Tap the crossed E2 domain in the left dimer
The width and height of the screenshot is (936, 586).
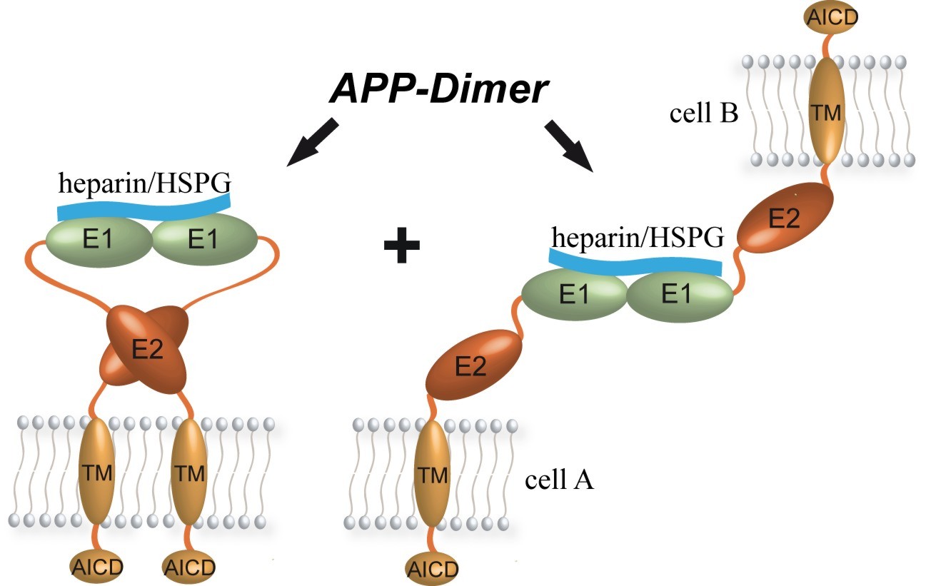tap(146, 348)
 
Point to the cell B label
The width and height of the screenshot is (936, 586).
tap(703, 113)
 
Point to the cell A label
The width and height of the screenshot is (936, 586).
tap(560, 480)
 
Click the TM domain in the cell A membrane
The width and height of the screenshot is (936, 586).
tap(433, 476)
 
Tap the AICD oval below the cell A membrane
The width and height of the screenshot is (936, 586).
tap(431, 569)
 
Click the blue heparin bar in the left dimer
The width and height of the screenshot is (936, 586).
tap(144, 206)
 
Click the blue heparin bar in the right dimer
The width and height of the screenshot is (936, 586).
tap(635, 263)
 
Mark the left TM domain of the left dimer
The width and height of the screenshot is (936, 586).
tap(96, 472)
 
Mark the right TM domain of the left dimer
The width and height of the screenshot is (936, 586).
tap(189, 472)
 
